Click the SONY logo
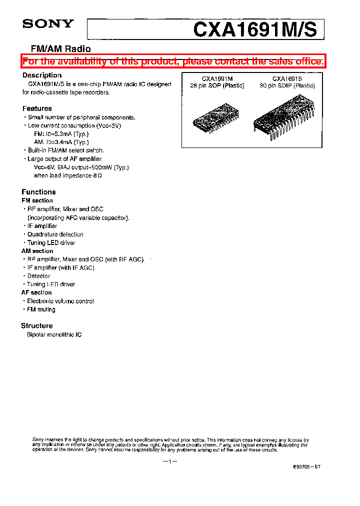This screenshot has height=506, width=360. pos(48,23)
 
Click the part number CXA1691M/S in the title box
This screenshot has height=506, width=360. pos(255,29)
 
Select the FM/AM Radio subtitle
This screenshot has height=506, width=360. pos(61,49)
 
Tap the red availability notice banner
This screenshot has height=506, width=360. pos(173,61)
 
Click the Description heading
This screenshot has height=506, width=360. pos(42,75)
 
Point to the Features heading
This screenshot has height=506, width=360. pos(37,108)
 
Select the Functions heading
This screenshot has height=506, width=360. pos(38,192)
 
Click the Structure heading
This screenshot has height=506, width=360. pos(37,325)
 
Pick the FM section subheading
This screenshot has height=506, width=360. pos(37,200)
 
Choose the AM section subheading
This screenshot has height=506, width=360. pos(37,251)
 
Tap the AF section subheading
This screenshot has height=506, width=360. pos(36,292)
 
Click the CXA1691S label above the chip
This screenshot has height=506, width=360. pos(287,78)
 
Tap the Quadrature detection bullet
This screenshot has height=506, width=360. pos(55,234)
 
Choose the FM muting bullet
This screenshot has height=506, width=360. pos(41,309)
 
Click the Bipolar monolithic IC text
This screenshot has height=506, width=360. pos(54,334)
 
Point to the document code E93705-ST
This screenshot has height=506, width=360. pos(306,466)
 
